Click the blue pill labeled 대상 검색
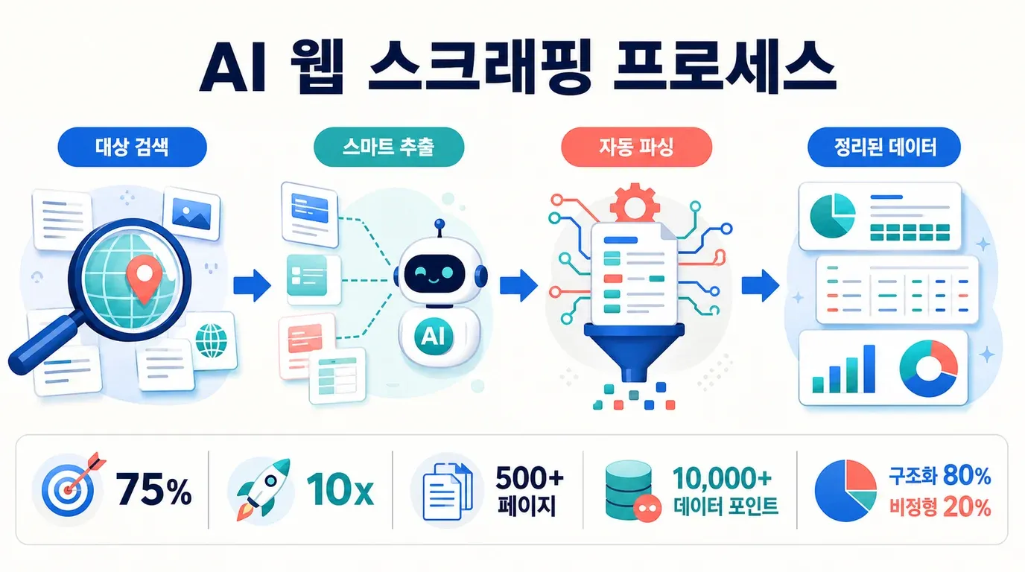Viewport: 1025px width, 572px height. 133,147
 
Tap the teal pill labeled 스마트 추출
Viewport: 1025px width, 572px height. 389,147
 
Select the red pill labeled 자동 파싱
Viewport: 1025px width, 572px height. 636,147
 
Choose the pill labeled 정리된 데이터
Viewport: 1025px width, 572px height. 884,147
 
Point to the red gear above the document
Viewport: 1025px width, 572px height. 635,203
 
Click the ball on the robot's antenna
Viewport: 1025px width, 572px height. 439,223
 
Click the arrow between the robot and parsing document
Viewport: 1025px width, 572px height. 518,285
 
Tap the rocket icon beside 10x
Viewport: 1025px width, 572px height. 262,489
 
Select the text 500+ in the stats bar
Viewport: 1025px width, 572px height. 530,478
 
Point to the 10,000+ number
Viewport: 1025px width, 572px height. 722,478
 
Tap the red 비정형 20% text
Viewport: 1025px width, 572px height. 940,507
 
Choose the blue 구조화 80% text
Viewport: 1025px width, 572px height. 940,476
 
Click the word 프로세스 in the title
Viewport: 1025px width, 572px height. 725,69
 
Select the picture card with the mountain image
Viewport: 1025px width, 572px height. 191,213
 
